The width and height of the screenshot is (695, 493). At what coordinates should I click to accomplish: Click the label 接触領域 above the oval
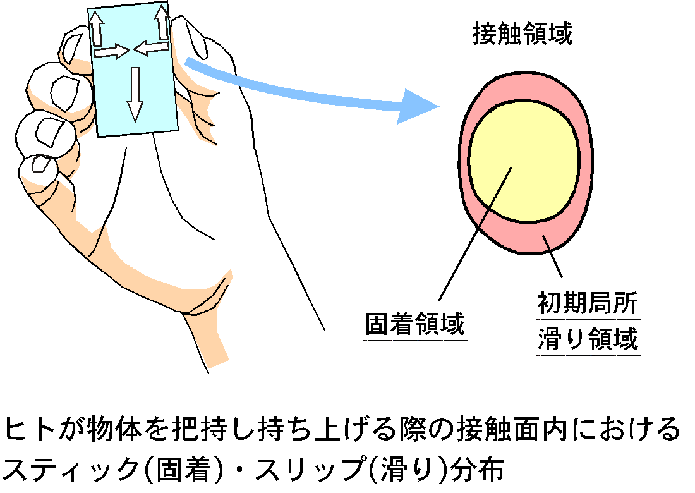tap(523, 35)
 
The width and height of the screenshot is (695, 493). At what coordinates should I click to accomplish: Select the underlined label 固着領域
tap(415, 325)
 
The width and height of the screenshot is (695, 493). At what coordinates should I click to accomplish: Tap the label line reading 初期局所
tap(588, 305)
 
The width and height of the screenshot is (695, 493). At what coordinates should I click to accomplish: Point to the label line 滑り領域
tap(588, 340)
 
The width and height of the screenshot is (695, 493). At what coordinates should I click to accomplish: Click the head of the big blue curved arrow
tap(420, 106)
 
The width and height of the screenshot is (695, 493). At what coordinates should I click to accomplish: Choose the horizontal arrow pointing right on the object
tap(111, 52)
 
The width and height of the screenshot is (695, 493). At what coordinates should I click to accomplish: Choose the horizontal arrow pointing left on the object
tap(150, 47)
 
